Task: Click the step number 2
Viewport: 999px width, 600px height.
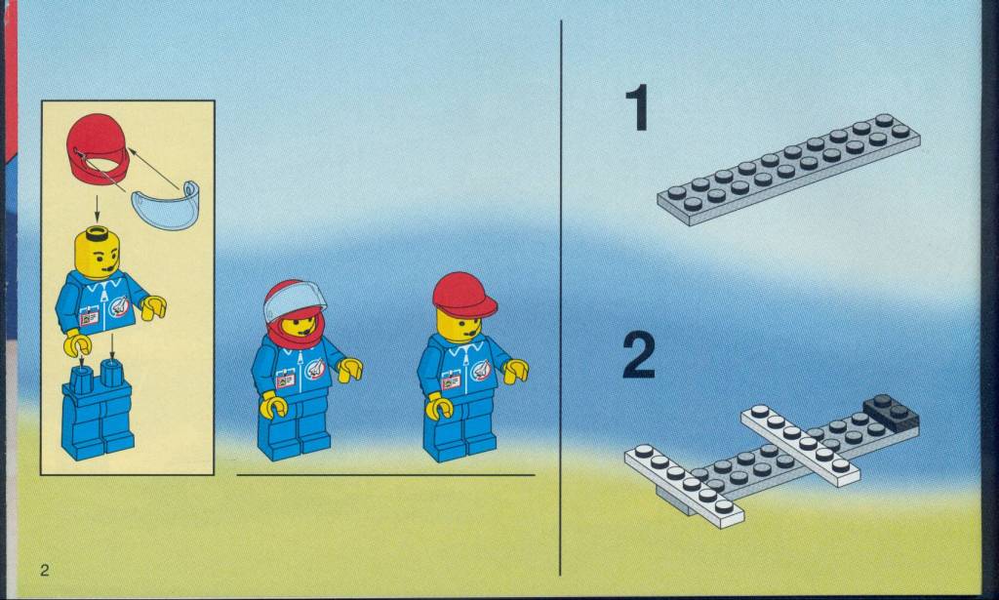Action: [638, 356]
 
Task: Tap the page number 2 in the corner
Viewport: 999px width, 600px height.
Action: [44, 570]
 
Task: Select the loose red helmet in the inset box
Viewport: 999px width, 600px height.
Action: [98, 148]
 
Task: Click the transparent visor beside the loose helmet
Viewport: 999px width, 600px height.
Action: [165, 205]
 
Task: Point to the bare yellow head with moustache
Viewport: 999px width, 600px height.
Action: [97, 254]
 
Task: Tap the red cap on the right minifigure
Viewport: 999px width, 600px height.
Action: [463, 295]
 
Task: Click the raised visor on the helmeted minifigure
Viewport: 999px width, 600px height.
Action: [295, 300]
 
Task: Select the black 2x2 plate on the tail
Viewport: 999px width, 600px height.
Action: [892, 414]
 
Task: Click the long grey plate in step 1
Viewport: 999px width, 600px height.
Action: [788, 169]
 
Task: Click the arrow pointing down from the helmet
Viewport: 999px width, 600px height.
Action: [97, 208]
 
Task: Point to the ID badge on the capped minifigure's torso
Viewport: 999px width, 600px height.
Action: [451, 381]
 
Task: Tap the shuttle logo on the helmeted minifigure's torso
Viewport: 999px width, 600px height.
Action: [315, 368]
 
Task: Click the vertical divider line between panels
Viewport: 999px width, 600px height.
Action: [561, 299]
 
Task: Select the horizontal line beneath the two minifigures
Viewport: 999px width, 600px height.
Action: [385, 474]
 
